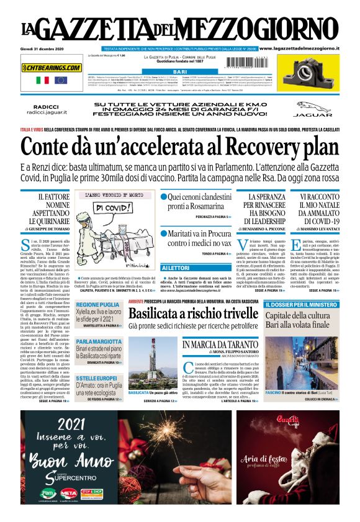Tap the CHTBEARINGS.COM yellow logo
coord(52,67)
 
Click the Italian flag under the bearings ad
coord(43,80)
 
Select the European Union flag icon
coord(60,80)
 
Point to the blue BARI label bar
coord(180,73)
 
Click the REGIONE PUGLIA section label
coord(97,305)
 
